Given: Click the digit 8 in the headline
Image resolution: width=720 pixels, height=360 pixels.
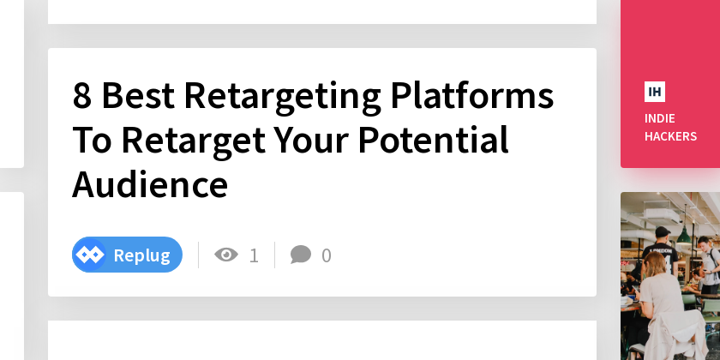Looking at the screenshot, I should (x=81, y=95).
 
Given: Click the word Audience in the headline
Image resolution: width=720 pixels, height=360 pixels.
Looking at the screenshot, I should (x=150, y=183).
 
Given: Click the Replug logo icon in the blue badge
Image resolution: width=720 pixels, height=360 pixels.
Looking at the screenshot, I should (x=90, y=255).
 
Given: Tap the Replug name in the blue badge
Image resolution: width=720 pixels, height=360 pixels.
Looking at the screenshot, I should (x=141, y=255).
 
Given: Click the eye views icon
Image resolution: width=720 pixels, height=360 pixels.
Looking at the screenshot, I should (x=226, y=255).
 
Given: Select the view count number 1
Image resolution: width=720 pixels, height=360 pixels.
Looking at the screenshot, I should (x=254, y=255).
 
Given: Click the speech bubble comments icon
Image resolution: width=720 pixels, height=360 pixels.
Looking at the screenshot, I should (x=301, y=255).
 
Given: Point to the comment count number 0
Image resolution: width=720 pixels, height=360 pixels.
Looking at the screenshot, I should (x=327, y=255).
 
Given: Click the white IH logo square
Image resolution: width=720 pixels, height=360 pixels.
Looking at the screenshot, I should (x=655, y=92).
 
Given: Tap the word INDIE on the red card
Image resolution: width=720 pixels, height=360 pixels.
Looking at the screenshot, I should (x=660, y=118).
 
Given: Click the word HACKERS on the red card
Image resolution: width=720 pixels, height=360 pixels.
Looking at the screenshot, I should (x=670, y=136).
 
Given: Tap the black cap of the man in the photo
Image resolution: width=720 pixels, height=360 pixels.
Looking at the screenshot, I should (x=662, y=231).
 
